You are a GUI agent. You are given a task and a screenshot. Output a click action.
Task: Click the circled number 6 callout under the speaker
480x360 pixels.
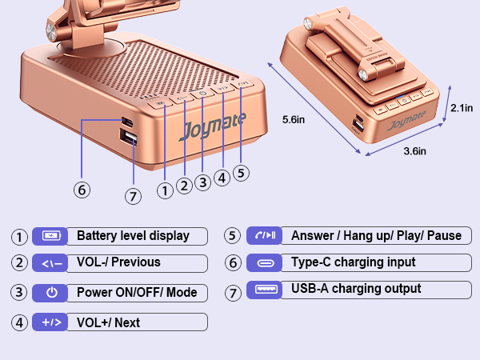82,190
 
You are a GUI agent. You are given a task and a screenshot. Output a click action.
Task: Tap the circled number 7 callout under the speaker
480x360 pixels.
133,196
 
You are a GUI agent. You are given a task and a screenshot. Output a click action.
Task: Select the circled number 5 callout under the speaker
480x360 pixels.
241,173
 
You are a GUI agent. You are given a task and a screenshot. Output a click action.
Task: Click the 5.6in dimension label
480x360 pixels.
294,119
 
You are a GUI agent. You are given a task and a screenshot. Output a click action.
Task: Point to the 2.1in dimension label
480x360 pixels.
462,108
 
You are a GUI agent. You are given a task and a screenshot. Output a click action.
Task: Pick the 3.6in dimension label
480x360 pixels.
414,151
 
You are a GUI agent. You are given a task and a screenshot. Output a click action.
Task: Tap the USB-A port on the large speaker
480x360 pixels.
128,137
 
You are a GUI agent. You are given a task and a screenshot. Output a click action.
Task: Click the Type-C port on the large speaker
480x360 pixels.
127,122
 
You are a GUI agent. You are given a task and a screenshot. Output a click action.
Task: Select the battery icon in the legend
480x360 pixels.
51,236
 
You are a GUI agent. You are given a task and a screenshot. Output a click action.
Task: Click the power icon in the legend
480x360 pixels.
52,292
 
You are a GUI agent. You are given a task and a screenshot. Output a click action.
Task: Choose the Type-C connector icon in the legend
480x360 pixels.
266,263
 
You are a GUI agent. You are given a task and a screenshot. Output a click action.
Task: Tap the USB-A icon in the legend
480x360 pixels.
266,289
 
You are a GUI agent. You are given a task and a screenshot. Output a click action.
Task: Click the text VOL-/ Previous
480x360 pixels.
118,262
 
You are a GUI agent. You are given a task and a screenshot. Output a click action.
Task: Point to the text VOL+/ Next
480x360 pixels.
108,322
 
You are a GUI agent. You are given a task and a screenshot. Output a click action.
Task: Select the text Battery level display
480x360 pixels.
133,236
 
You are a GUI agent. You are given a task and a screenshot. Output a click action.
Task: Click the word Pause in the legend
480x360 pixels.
444,235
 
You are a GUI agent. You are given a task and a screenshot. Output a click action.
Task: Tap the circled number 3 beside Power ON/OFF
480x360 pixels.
19,292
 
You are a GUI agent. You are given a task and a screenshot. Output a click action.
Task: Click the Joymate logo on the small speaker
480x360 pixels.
406,120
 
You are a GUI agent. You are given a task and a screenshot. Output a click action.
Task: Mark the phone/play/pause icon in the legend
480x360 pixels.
266,235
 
